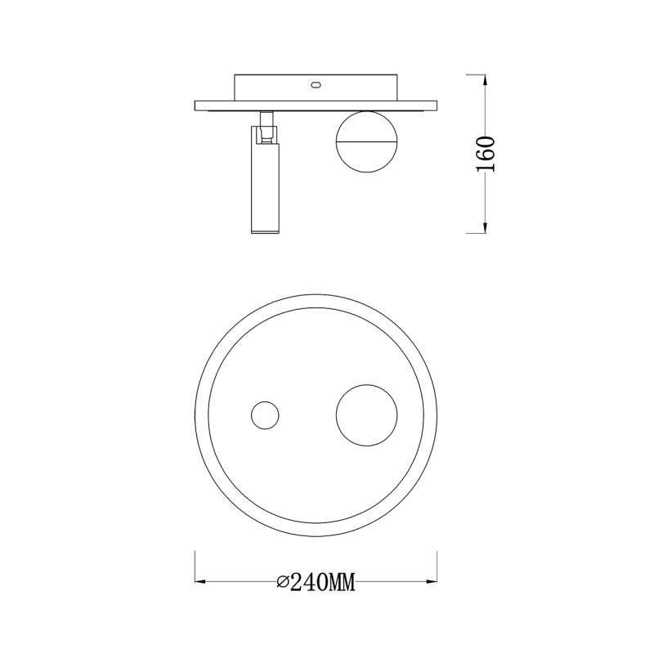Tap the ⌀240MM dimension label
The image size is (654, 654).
point(316,582)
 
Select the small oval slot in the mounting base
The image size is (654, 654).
point(316,83)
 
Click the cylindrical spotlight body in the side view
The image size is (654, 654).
point(265,188)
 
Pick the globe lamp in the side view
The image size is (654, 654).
point(366,141)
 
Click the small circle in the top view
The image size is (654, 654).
point(265,415)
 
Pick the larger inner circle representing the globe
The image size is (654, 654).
point(367,415)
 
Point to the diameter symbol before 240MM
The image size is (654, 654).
point(283,582)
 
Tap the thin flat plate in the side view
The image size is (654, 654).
point(316,105)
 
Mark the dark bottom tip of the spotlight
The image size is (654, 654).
point(265,233)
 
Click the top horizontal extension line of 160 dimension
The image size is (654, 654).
point(470,74)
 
